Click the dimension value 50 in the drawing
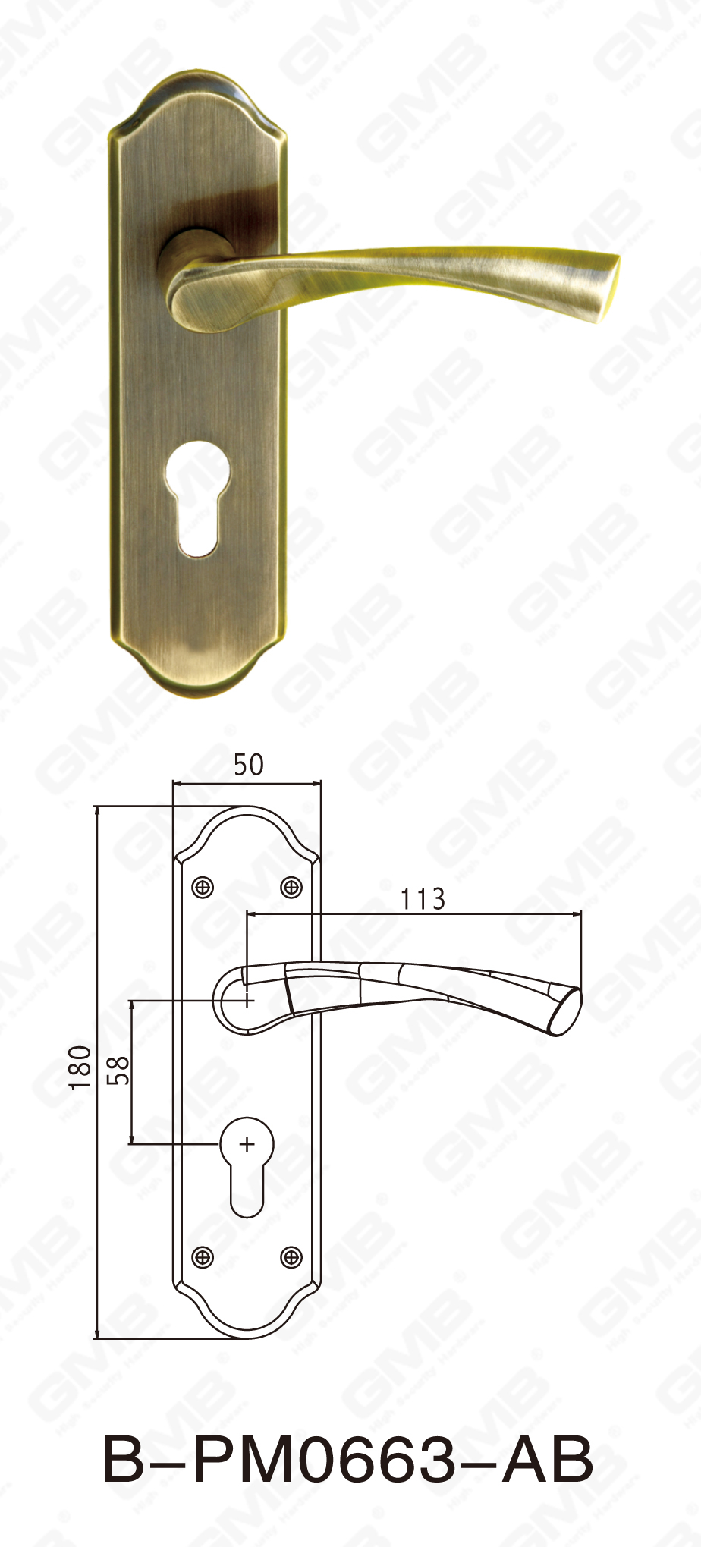(x=248, y=765)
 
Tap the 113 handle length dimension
(x=423, y=899)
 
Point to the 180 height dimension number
(x=80, y=1067)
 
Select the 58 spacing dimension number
(x=119, y=1071)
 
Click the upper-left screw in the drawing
(x=203, y=887)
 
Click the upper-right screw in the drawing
(x=291, y=887)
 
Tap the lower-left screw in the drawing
(x=203, y=1258)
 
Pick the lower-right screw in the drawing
(x=291, y=1258)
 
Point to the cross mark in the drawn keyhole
(x=247, y=1144)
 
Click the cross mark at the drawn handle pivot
(x=248, y=1001)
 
